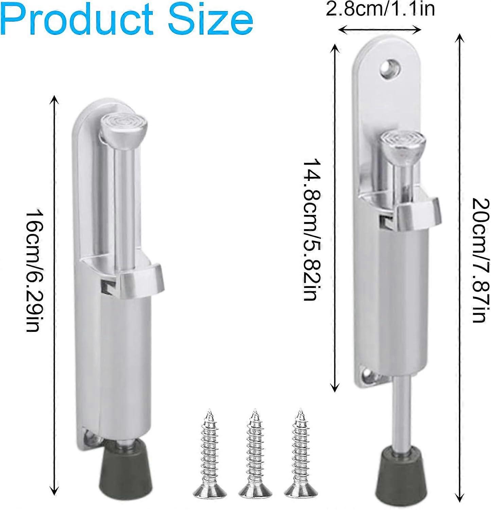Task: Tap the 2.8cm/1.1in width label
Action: tap(380, 9)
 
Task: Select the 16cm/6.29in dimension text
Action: tap(34, 271)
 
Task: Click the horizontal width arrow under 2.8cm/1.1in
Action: tap(380, 30)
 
